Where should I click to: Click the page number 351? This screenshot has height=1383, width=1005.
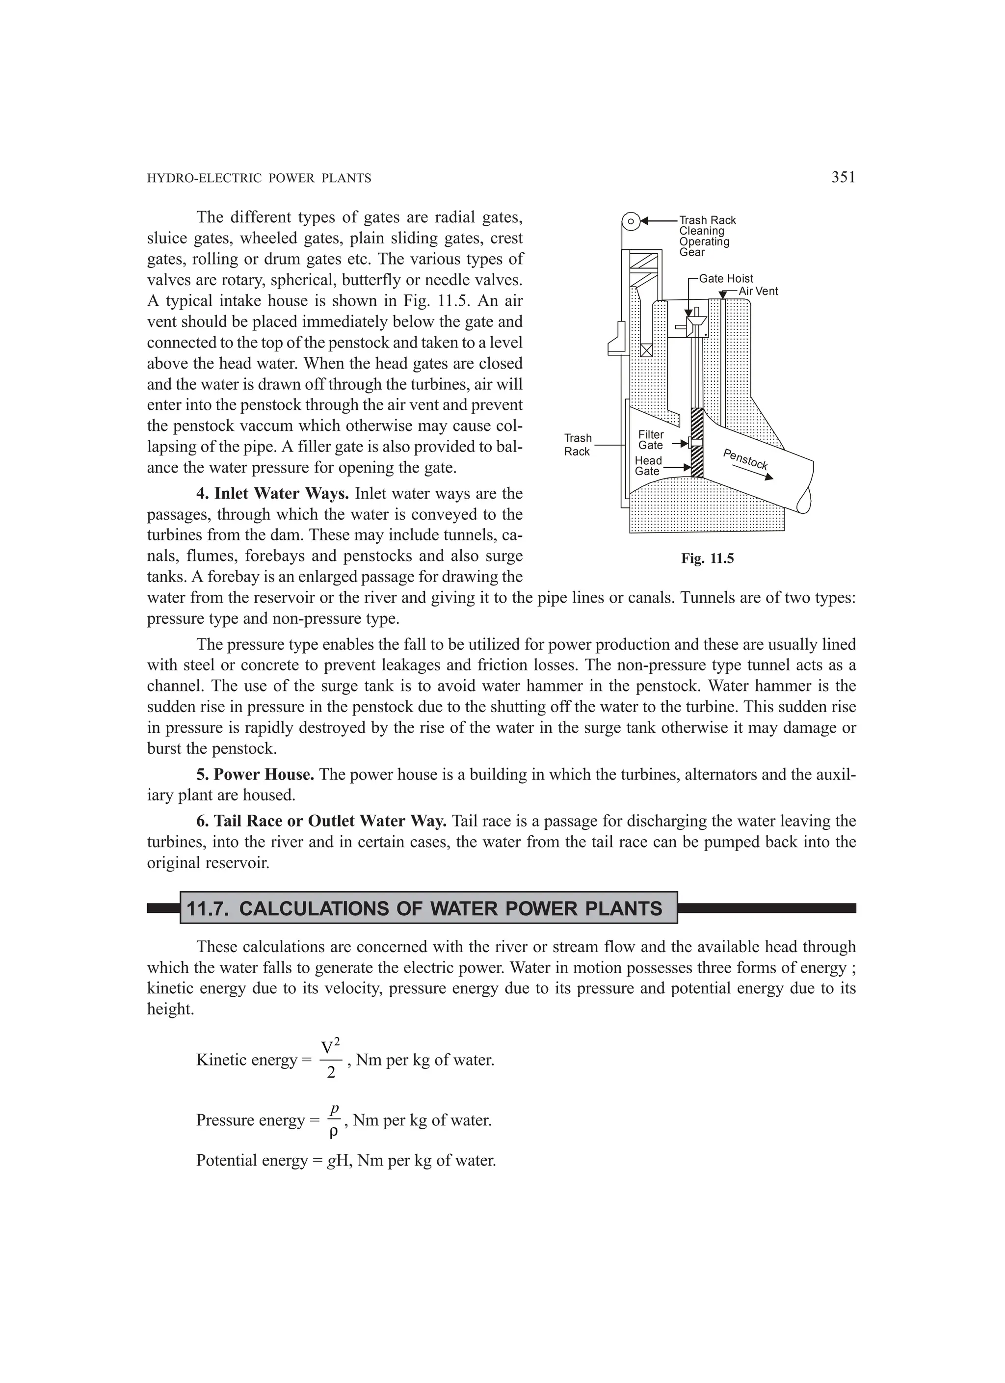(843, 178)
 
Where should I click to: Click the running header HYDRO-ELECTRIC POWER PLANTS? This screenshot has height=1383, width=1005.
(259, 179)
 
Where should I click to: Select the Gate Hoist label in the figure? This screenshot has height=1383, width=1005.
(726, 279)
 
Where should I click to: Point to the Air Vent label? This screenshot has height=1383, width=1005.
(758, 292)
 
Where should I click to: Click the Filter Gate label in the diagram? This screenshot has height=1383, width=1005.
(651, 440)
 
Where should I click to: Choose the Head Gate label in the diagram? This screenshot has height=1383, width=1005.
(648, 466)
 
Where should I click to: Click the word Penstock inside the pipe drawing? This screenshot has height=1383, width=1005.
(745, 459)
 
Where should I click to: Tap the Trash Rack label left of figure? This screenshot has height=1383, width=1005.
(578, 445)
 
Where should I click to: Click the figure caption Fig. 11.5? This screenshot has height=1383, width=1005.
(708, 559)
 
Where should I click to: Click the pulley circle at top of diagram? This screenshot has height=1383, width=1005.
(631, 221)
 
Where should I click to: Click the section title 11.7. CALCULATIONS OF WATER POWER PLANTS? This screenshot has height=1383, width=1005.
(424, 908)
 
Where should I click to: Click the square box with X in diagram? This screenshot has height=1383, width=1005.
(646, 350)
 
